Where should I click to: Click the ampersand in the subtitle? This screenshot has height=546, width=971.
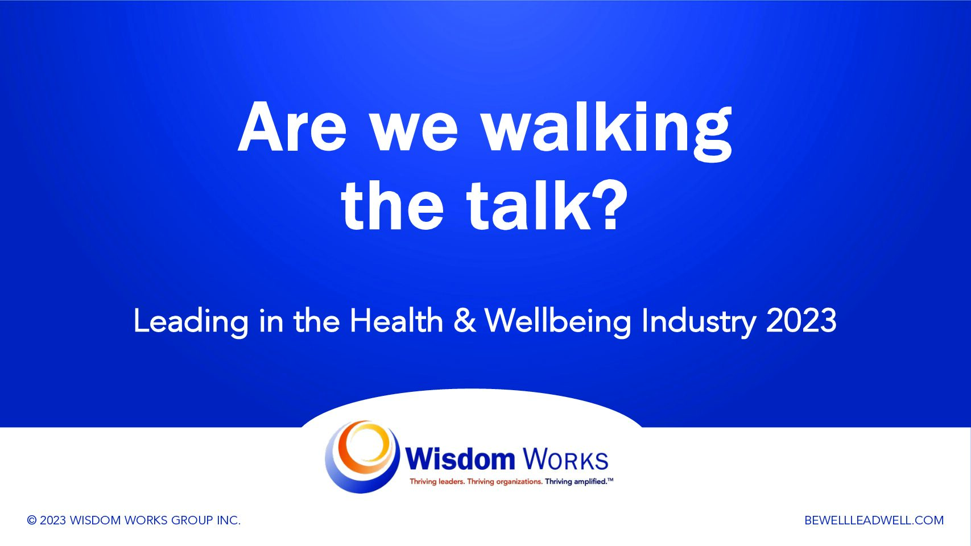tap(465, 321)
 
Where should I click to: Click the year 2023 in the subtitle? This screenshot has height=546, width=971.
tap(801, 321)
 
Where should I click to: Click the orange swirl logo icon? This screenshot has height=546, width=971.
tap(362, 457)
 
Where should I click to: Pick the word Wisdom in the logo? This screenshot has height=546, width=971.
tap(460, 459)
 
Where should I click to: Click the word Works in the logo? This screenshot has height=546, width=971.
tap(565, 460)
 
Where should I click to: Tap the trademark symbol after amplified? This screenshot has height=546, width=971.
tap(610, 479)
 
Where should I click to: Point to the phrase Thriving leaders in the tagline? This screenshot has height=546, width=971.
tap(437, 482)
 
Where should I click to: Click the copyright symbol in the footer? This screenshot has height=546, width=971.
tap(32, 520)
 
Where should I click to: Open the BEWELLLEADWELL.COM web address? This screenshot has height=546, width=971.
tap(874, 520)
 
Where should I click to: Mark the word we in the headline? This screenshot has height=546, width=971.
tap(415, 132)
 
